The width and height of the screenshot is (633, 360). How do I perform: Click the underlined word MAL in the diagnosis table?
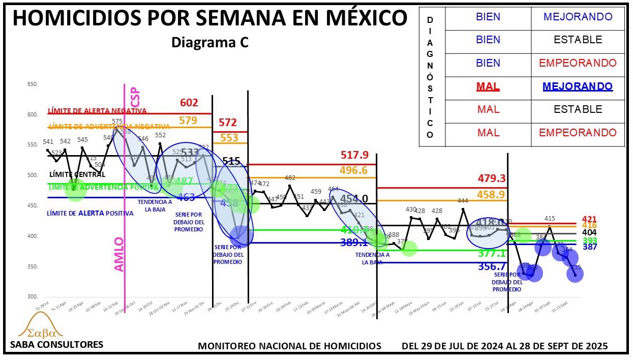pyautogui.click(x=488, y=86)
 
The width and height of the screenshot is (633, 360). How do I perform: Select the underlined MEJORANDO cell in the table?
pyautogui.click(x=577, y=86)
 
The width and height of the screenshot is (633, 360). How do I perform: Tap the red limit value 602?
pyautogui.click(x=189, y=103)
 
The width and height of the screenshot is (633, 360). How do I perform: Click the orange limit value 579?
pyautogui.click(x=188, y=121)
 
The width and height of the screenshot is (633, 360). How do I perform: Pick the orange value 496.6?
pyautogui.click(x=356, y=170)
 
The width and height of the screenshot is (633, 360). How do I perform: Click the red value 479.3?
pyautogui.click(x=492, y=178)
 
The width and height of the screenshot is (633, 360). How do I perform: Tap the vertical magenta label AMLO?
pyautogui.click(x=118, y=254)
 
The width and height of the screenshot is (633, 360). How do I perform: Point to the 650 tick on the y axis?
pyautogui.click(x=33, y=84)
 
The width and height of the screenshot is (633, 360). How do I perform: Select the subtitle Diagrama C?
pyautogui.click(x=209, y=43)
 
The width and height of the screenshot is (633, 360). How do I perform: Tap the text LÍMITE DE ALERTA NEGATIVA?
pyautogui.click(x=97, y=111)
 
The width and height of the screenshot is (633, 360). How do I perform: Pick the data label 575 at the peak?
pyautogui.click(x=117, y=122)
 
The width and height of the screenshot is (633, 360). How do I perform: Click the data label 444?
pyautogui.click(x=463, y=201)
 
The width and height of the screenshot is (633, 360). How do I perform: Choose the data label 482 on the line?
pyautogui.click(x=290, y=178)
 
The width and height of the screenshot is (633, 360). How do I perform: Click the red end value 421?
pyautogui.click(x=589, y=219)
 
